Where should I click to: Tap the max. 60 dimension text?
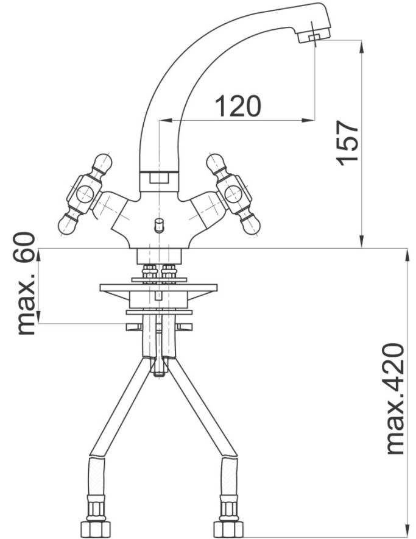26,284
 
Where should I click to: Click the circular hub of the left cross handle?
85,195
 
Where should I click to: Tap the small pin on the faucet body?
159,225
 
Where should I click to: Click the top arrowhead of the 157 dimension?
361,46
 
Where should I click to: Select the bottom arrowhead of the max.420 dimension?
407,532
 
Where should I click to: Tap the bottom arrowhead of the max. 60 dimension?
39,317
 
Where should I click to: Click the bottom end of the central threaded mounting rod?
160,375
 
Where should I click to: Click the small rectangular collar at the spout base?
160,179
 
